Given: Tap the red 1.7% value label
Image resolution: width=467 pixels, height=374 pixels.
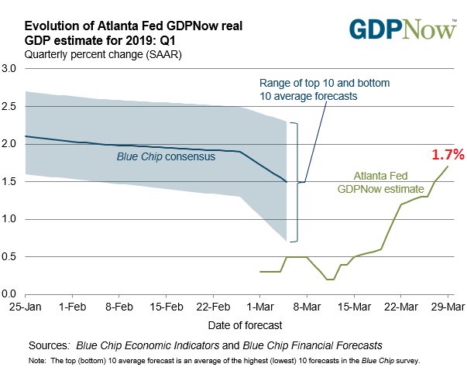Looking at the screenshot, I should coord(448,155).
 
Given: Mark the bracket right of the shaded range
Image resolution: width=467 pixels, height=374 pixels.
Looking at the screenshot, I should coord(294,182).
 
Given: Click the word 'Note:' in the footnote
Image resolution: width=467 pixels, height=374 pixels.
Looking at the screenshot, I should coord(36,361).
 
